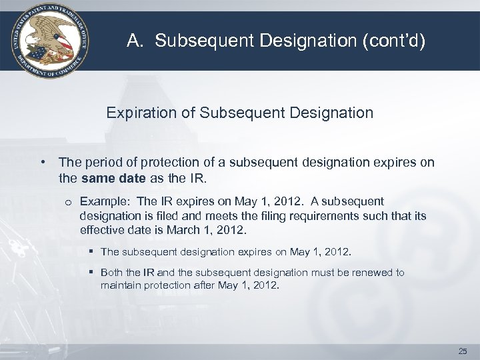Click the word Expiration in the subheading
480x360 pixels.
[137, 113]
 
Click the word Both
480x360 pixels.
[111, 273]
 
